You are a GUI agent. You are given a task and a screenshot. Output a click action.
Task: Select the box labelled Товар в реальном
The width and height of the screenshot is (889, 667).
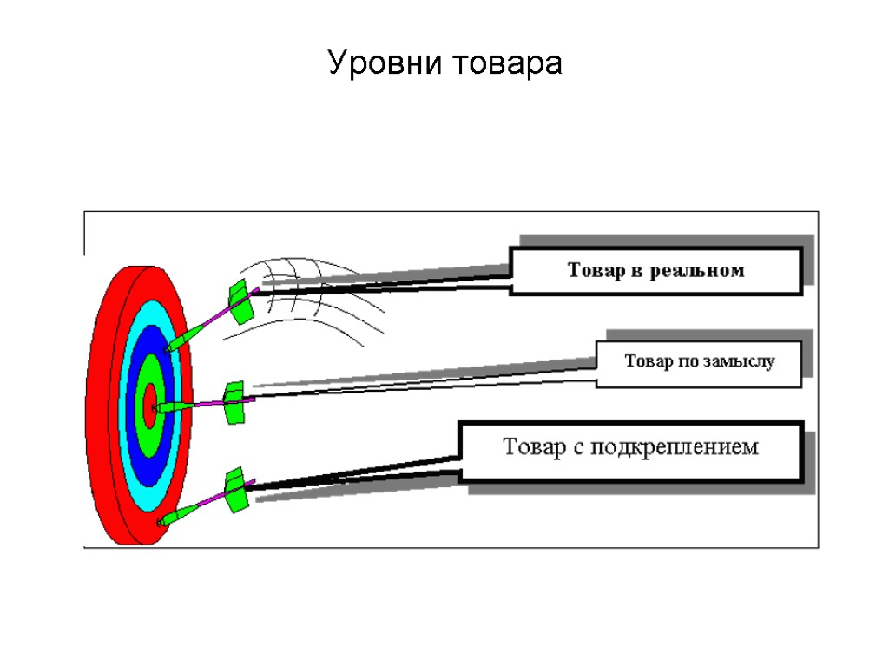(x=655, y=271)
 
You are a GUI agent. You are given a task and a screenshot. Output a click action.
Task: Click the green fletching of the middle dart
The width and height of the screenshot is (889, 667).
(x=234, y=402)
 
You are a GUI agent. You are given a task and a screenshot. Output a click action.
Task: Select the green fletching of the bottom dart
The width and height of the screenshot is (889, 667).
(x=235, y=490)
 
